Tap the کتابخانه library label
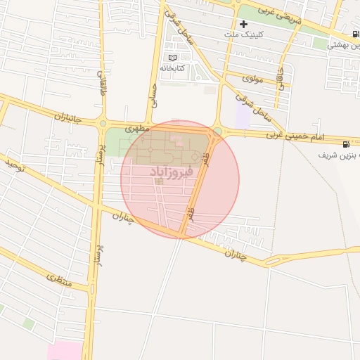(x=172, y=68)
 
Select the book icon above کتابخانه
(x=172, y=58)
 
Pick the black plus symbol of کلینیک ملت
(x=243, y=24)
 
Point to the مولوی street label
(x=252, y=79)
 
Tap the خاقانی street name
(x=283, y=78)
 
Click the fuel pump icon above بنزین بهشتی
(x=356, y=34)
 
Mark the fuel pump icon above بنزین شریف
(x=345, y=145)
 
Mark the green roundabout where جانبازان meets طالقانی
(x=103, y=123)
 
